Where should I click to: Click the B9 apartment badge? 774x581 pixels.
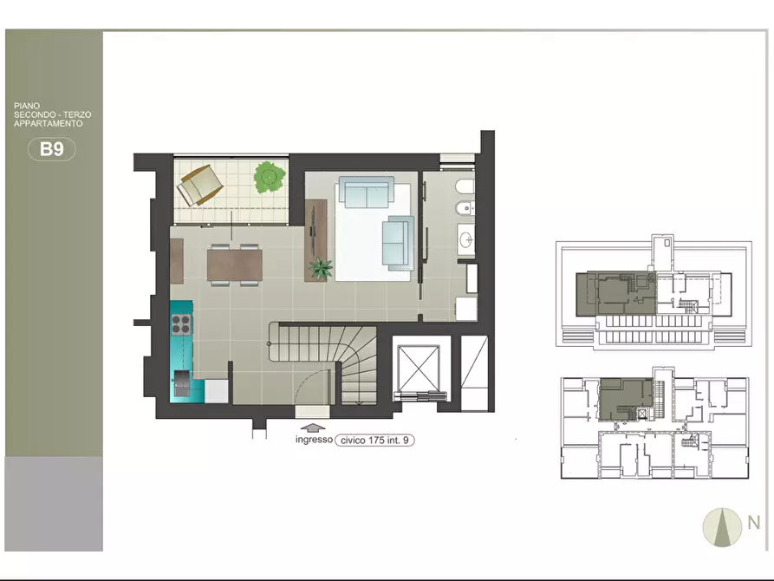coord(52,148)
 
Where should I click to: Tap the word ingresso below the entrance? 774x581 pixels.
coord(314,439)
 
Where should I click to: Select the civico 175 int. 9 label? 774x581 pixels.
coord(374,441)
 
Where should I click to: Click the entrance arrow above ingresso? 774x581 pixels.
coord(313,428)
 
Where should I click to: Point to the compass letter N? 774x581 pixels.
coord(754,522)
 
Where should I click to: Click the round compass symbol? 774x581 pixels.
coord(722,527)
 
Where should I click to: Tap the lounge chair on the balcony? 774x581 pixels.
coord(200,185)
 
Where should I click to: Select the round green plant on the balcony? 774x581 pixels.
coord(270,176)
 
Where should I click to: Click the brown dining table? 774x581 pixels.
coord(235,264)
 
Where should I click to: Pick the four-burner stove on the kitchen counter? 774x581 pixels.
coord(181,324)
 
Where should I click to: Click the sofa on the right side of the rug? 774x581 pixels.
coord(398,243)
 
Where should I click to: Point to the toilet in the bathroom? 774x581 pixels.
coord(465,187)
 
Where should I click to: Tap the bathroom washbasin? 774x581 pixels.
coord(466,239)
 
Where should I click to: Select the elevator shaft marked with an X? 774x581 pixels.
coord(418,368)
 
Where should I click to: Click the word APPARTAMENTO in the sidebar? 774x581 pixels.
coord(49,123)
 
